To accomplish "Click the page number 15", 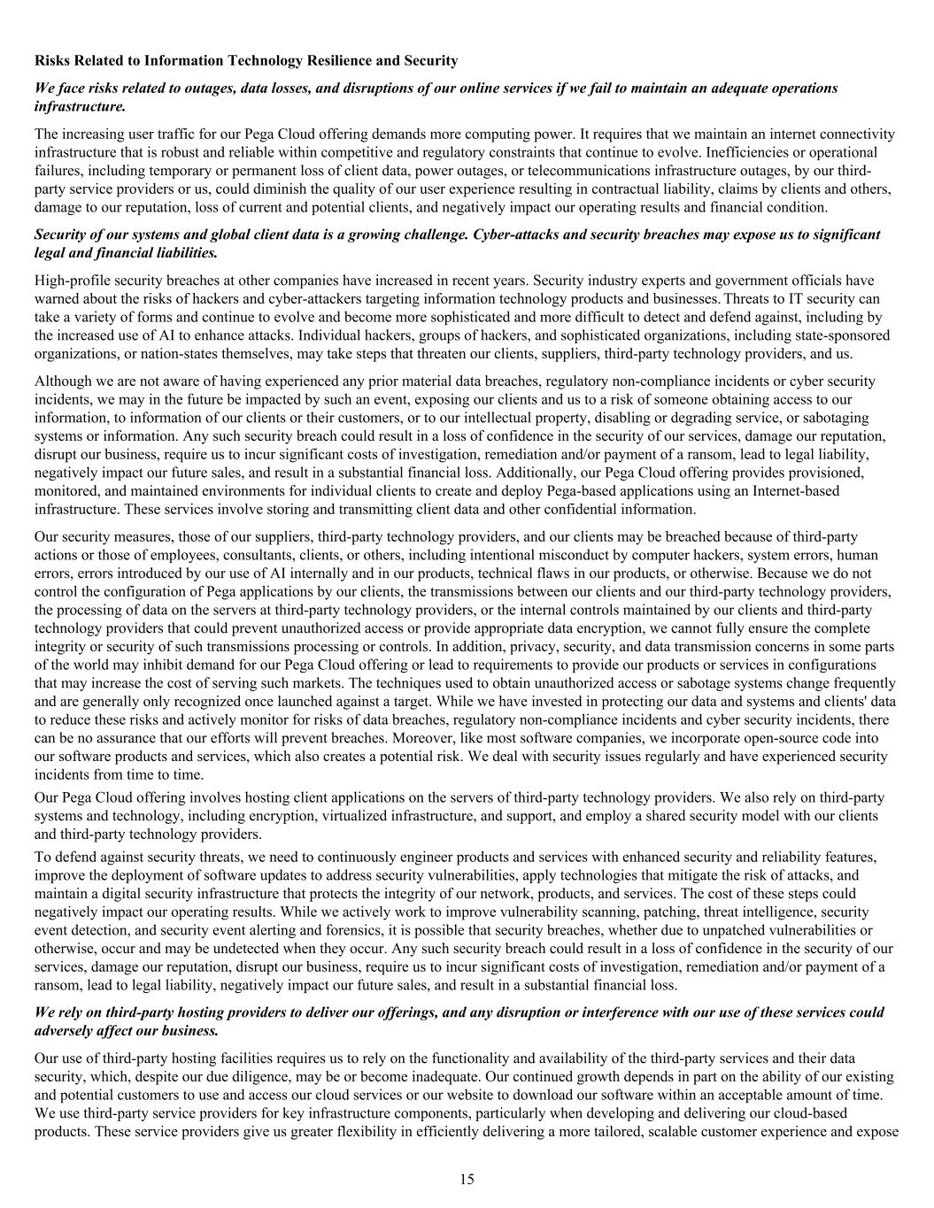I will tap(467, 1179).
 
